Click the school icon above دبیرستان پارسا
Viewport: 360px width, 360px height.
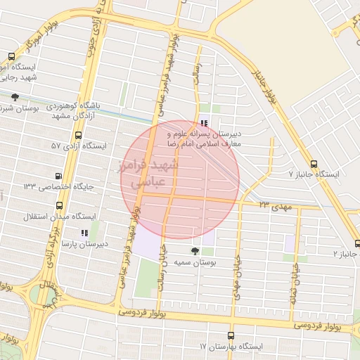(x=84, y=233)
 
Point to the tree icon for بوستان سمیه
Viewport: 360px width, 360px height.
(x=195, y=250)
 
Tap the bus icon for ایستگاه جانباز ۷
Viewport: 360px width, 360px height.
(x=313, y=164)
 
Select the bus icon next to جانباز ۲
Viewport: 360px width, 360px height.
(x=357, y=243)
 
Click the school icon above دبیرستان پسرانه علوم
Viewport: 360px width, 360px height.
(x=204, y=123)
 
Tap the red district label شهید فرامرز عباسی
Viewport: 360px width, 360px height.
(x=150, y=173)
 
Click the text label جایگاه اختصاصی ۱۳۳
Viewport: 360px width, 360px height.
(x=53, y=186)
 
